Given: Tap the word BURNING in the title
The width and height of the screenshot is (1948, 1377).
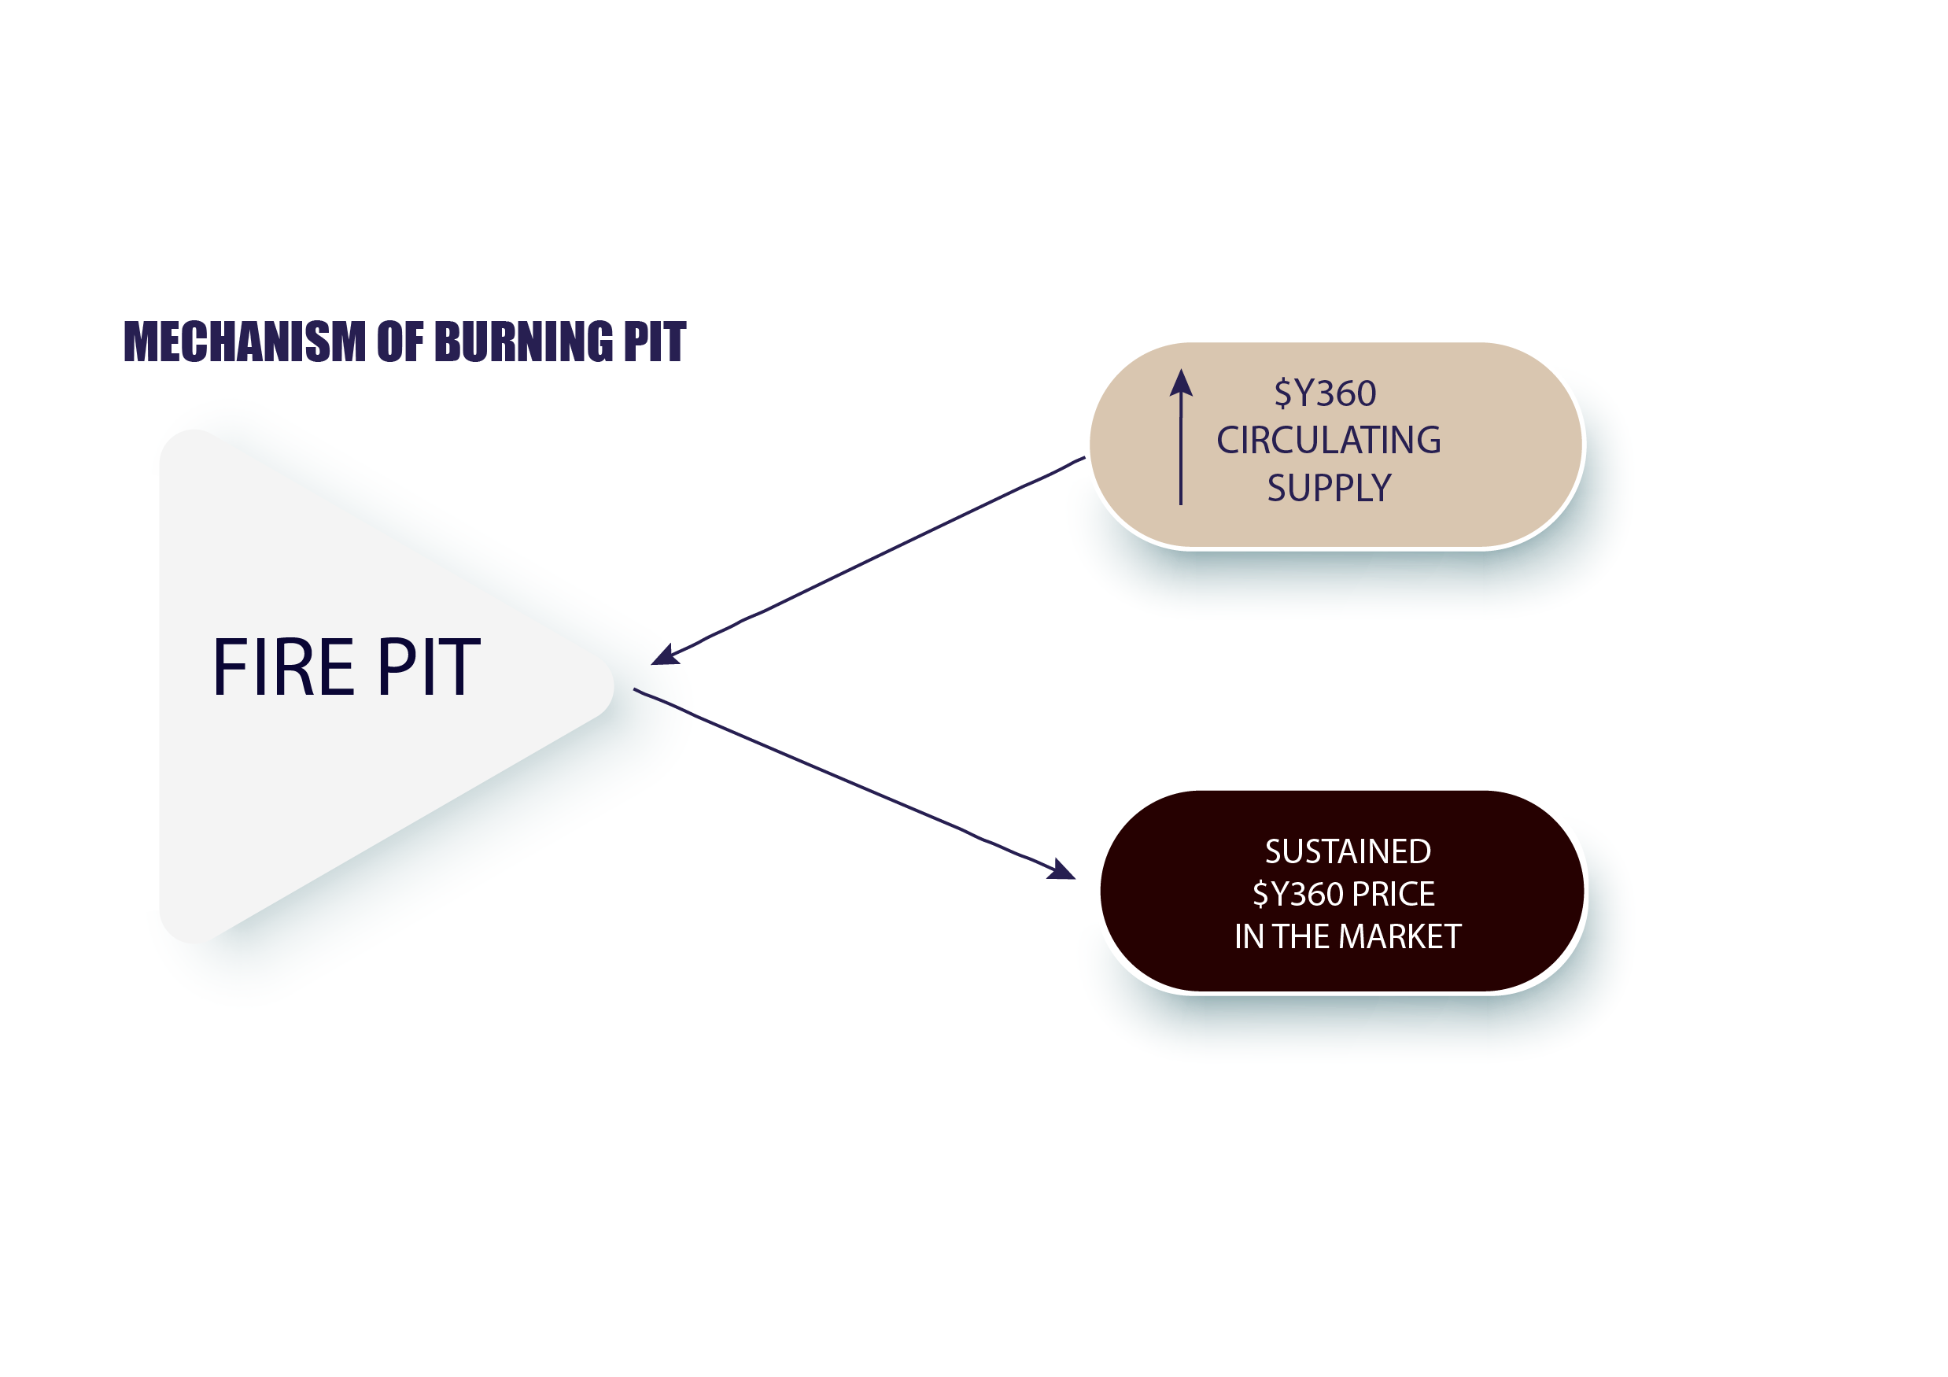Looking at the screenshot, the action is tap(523, 342).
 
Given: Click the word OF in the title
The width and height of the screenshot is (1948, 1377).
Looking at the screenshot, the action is tap(400, 342).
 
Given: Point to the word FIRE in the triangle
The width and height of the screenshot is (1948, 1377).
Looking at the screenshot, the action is tap(283, 668).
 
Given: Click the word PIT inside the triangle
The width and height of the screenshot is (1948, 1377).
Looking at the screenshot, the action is tap(430, 668).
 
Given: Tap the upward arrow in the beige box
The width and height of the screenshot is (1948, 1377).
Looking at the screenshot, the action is tap(1181, 437).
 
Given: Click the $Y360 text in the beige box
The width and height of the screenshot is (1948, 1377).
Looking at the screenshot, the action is tap(1325, 393).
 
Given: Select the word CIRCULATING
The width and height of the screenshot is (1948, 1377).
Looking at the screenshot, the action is tap(1329, 441).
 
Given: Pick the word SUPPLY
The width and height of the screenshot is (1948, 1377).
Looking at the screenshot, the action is tap(1330, 488).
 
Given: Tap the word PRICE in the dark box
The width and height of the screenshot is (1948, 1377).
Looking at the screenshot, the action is tap(1393, 894).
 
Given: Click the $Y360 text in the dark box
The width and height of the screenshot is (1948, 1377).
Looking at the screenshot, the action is tap(1298, 894).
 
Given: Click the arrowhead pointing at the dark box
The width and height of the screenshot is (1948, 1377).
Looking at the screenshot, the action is tap(1061, 869).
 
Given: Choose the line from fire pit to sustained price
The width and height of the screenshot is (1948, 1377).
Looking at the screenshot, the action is tap(854, 784).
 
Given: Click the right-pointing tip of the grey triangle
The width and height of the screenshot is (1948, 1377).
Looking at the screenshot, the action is tap(613, 685).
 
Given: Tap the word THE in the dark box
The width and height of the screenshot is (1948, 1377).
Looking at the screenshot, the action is tap(1303, 936).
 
